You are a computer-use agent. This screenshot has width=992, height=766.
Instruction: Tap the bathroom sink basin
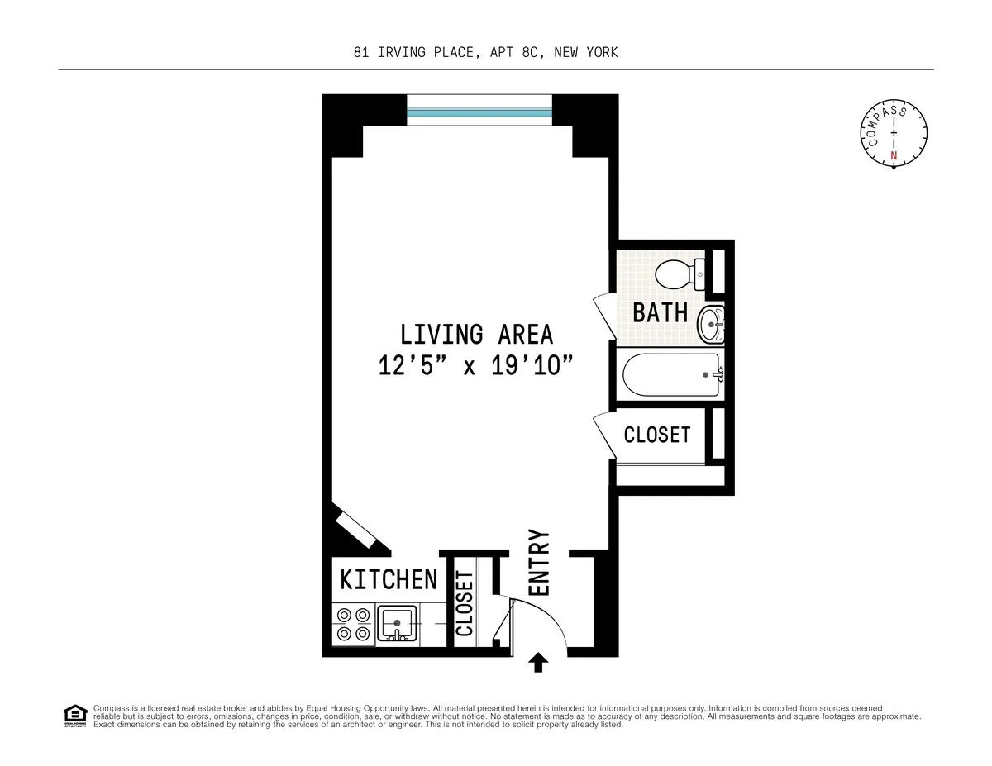click(710, 324)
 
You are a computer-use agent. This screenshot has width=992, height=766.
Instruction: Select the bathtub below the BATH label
click(670, 375)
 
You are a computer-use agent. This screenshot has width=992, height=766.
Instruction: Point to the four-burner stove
click(353, 624)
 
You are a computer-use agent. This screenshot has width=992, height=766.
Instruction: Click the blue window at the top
click(479, 110)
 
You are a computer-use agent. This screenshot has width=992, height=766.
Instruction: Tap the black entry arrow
click(538, 662)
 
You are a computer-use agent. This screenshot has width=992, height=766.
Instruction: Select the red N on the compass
click(894, 155)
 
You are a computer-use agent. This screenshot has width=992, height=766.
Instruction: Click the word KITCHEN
click(389, 579)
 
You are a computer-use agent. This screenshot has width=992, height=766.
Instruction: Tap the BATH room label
click(660, 312)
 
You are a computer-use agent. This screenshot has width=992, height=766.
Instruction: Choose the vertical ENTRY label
click(539, 563)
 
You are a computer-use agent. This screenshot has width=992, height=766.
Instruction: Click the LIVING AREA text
click(476, 335)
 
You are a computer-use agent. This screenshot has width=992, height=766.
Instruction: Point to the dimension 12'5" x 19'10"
click(476, 365)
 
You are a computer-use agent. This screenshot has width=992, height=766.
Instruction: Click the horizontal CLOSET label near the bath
click(656, 435)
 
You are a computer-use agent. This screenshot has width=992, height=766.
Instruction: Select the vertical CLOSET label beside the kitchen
click(465, 604)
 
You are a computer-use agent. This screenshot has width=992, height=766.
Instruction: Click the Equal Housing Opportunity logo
click(75, 716)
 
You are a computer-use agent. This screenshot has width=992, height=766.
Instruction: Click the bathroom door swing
click(603, 316)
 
